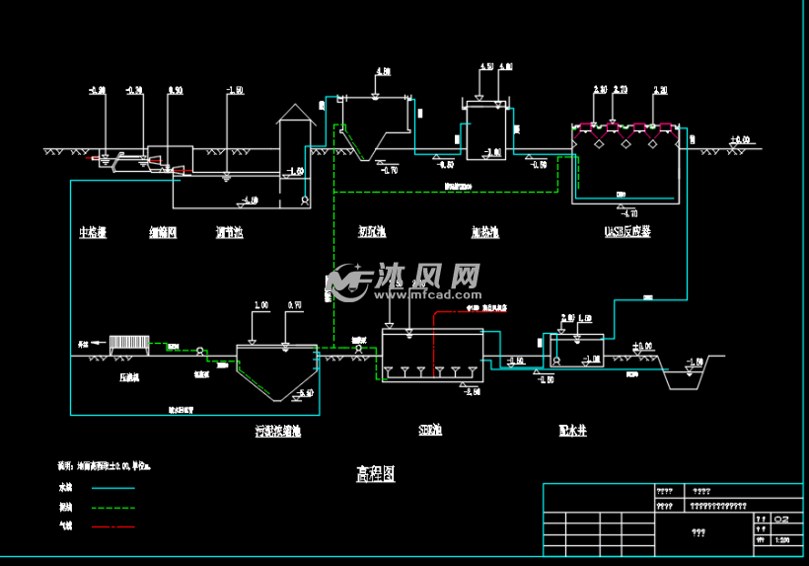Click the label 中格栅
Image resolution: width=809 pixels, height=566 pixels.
click(93, 233)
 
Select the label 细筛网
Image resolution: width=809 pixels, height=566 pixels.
click(164, 233)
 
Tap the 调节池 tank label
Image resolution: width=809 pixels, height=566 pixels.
click(229, 233)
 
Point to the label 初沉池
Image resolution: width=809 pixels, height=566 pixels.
click(372, 233)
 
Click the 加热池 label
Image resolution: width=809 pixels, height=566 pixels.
click(484, 233)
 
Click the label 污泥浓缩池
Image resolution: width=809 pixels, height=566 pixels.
click(277, 432)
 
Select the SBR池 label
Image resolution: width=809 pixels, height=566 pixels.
click(430, 432)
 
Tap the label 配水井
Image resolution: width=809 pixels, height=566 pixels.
click(572, 432)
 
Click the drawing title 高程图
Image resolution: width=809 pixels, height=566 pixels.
click(375, 474)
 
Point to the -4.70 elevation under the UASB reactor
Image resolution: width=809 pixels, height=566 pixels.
click(627, 212)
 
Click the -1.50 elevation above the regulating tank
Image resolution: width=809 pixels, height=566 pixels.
click(235, 91)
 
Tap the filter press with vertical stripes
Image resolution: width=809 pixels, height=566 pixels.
click(128, 344)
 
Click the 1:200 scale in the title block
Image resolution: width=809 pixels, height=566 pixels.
click(782, 540)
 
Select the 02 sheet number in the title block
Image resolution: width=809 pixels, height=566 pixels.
click(782, 518)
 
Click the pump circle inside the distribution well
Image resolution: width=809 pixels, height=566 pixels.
click(557, 362)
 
